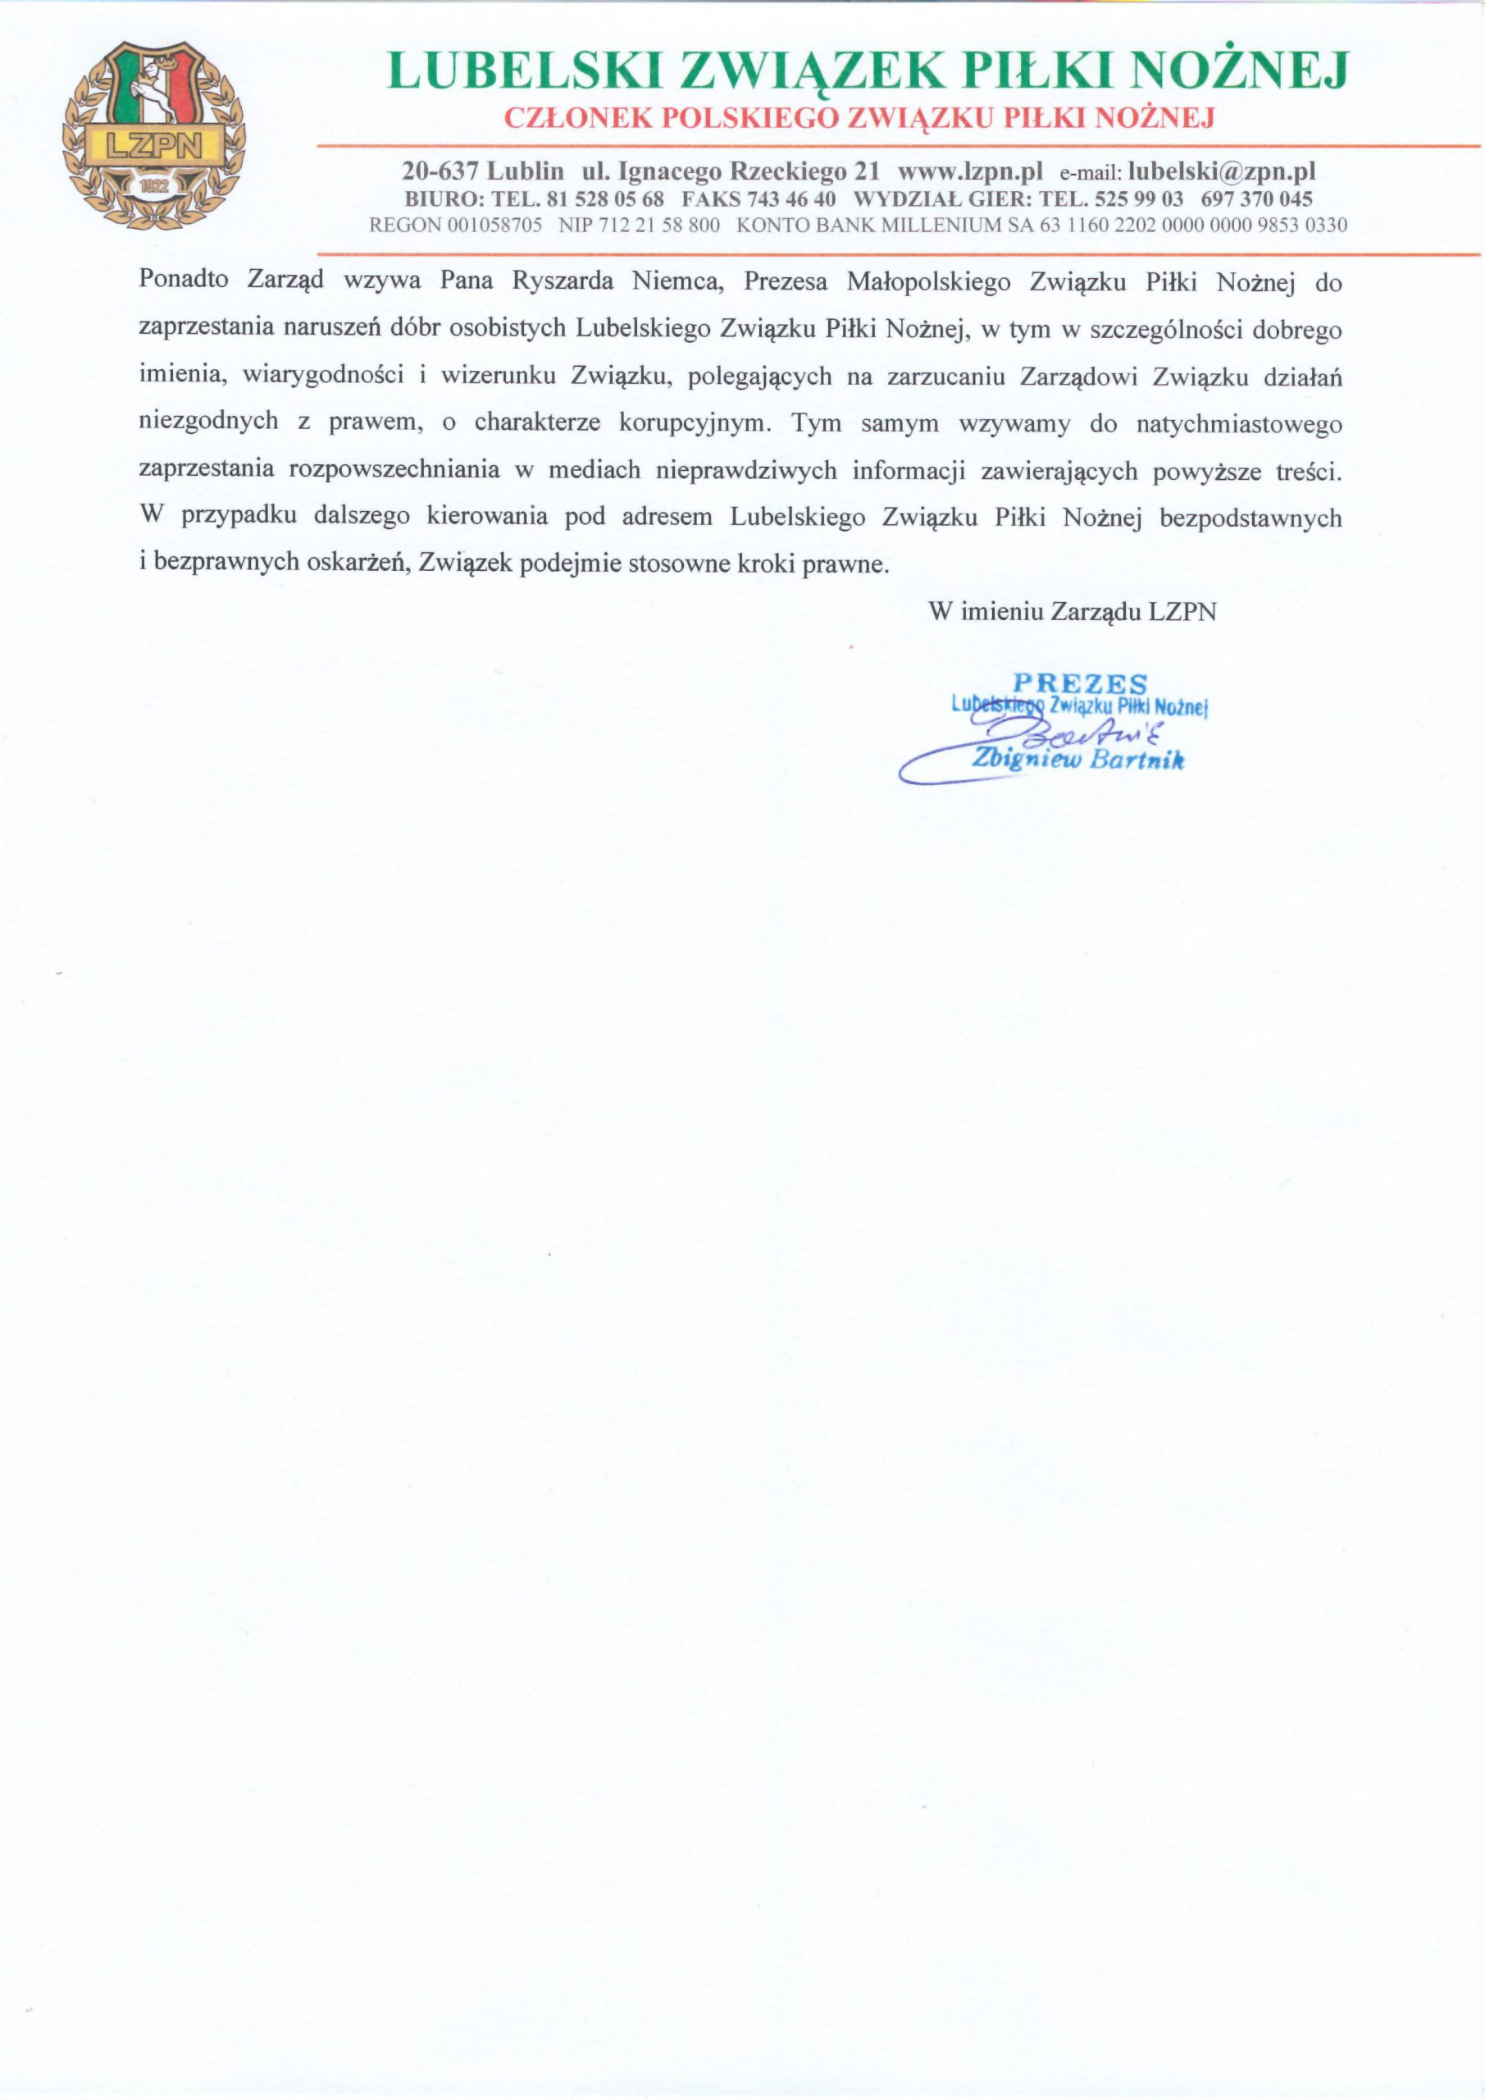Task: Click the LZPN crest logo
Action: [x=153, y=135]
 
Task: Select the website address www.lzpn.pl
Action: [x=970, y=171]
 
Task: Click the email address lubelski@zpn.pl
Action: [x=1222, y=171]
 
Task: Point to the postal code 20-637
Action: [x=441, y=171]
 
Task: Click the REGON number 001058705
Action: [x=494, y=225]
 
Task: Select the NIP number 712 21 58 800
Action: [x=658, y=225]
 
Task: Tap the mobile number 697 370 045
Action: [x=1256, y=199]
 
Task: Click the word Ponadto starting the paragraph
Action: [x=184, y=280]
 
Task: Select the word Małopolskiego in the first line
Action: [x=928, y=281]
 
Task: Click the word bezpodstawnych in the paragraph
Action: [x=1250, y=518]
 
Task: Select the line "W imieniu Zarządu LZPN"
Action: [x=1072, y=611]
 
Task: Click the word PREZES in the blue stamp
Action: [x=1080, y=682]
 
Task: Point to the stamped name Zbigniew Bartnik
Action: [x=1078, y=759]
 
